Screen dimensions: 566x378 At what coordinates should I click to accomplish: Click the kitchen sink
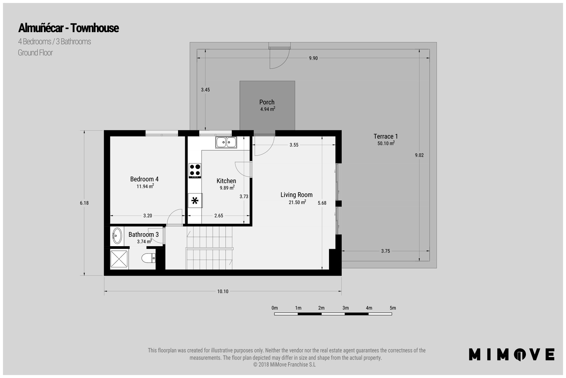click(x=226, y=143)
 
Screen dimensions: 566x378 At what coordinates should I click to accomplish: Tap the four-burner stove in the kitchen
click(x=195, y=171)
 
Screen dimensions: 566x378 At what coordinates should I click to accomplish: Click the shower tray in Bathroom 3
click(x=119, y=259)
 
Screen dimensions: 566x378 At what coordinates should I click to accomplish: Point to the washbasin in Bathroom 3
click(x=117, y=236)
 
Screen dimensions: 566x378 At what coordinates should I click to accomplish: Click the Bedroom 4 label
click(x=144, y=179)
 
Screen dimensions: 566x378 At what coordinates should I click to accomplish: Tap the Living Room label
click(x=297, y=195)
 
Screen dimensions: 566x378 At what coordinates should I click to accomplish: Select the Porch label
click(x=267, y=102)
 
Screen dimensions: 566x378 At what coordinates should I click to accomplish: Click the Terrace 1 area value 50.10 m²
click(x=386, y=143)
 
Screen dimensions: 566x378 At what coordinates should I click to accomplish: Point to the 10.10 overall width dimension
click(x=223, y=291)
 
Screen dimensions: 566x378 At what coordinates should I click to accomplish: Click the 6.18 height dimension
click(x=84, y=203)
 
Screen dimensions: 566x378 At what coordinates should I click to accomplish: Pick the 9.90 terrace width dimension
click(x=313, y=58)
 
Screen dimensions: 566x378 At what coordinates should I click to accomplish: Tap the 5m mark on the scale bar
click(x=393, y=308)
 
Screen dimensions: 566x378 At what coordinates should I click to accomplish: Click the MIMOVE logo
click(x=512, y=354)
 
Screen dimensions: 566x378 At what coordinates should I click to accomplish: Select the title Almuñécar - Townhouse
click(x=68, y=28)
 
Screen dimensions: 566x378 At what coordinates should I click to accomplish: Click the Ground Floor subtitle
click(x=35, y=53)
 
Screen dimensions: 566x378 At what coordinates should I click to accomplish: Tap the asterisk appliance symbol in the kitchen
click(x=195, y=201)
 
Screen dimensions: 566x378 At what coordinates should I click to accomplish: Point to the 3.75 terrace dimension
click(x=386, y=251)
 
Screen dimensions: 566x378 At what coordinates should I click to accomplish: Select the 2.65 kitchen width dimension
click(x=219, y=216)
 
